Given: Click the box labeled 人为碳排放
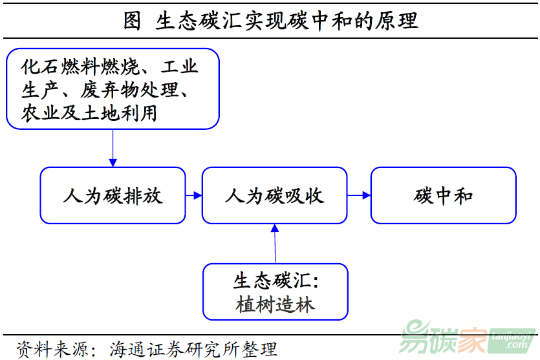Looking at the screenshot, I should coord(113,196).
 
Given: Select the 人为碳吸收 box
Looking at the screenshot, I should coord(274,196).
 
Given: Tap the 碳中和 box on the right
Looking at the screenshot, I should coord(443,196).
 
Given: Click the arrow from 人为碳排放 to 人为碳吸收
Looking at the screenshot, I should coord(194,195).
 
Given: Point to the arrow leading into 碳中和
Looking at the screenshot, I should coord(359,195).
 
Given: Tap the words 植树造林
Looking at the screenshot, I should coord(275,304).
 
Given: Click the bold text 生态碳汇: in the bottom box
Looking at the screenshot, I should coord(276,281).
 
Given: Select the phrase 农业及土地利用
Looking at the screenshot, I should coord(89,112).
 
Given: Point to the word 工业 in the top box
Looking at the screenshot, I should coord(180,67).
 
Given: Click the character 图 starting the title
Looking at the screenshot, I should coord(132,21).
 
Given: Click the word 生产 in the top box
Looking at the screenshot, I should coord(40,90).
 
